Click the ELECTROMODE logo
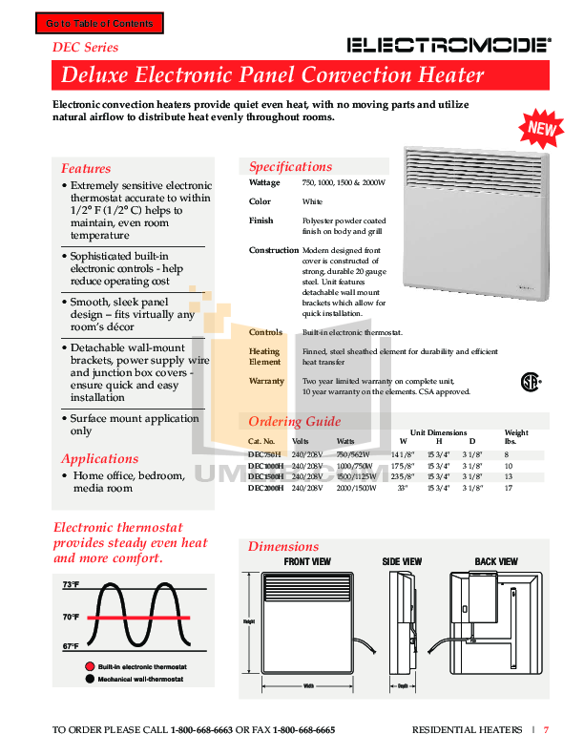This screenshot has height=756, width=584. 448,44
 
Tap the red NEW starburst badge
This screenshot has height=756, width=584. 539,125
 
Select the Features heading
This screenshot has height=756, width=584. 86,168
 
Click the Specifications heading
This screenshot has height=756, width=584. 290,166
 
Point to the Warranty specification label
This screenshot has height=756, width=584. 267,381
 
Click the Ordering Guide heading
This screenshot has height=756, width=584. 294,421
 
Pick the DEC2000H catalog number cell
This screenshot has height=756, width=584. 263,488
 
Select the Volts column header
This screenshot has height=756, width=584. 301,442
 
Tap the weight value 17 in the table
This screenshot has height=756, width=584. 509,488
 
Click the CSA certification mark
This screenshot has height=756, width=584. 530,382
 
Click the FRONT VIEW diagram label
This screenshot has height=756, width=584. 307,562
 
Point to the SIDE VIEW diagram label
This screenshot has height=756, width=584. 402,562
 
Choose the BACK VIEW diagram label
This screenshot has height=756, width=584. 496,562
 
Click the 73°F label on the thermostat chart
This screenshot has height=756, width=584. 71,584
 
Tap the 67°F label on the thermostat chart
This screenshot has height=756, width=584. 71,646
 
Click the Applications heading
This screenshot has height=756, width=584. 99,458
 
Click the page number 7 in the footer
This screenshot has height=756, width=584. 547,730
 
